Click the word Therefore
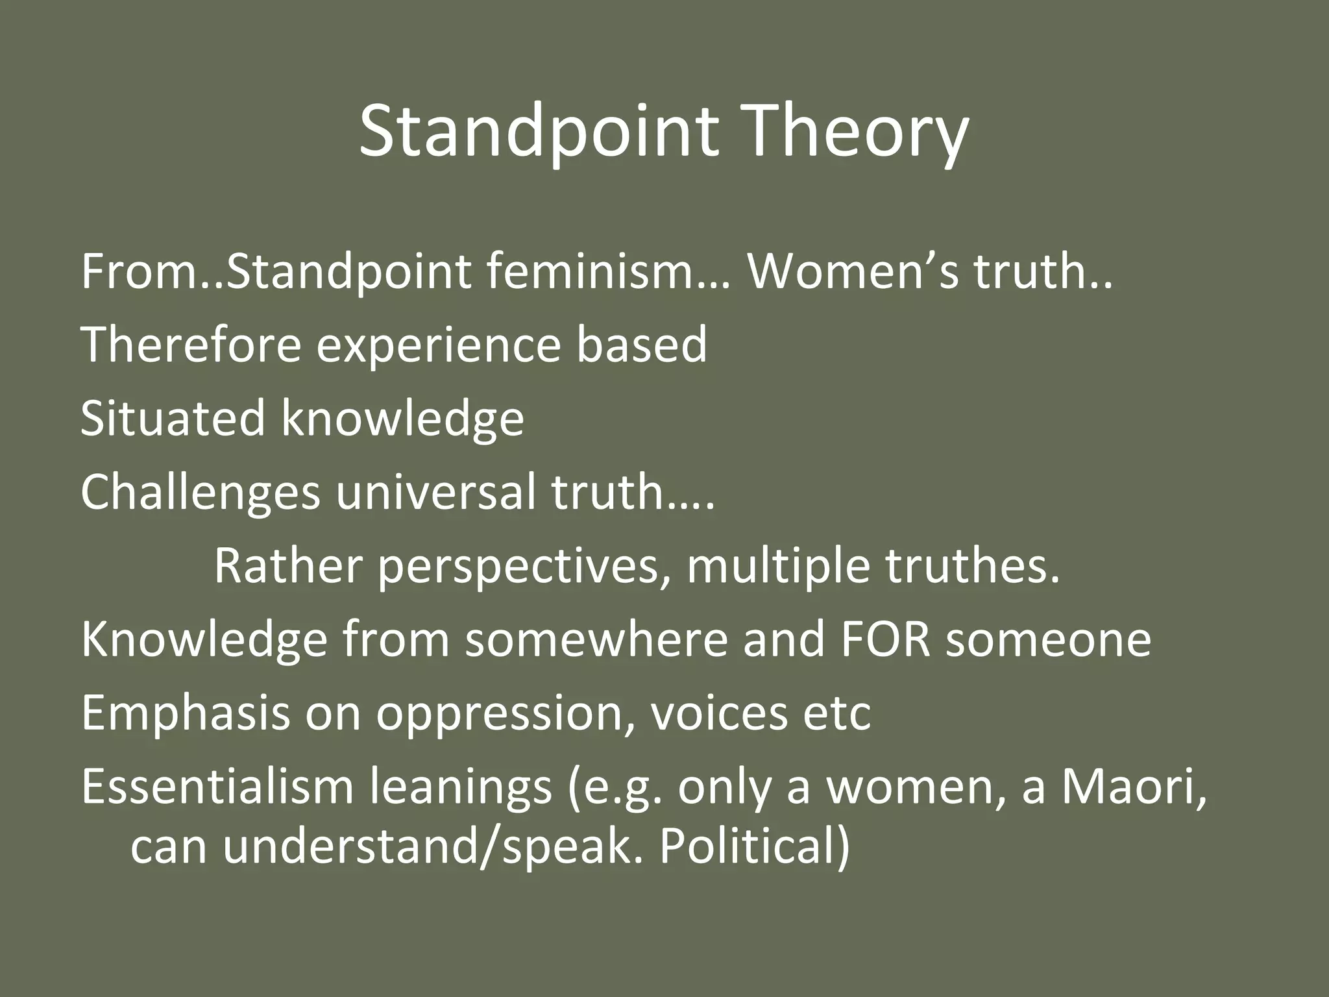(x=191, y=345)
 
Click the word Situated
(x=173, y=418)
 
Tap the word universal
(x=436, y=492)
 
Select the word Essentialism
(x=217, y=787)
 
